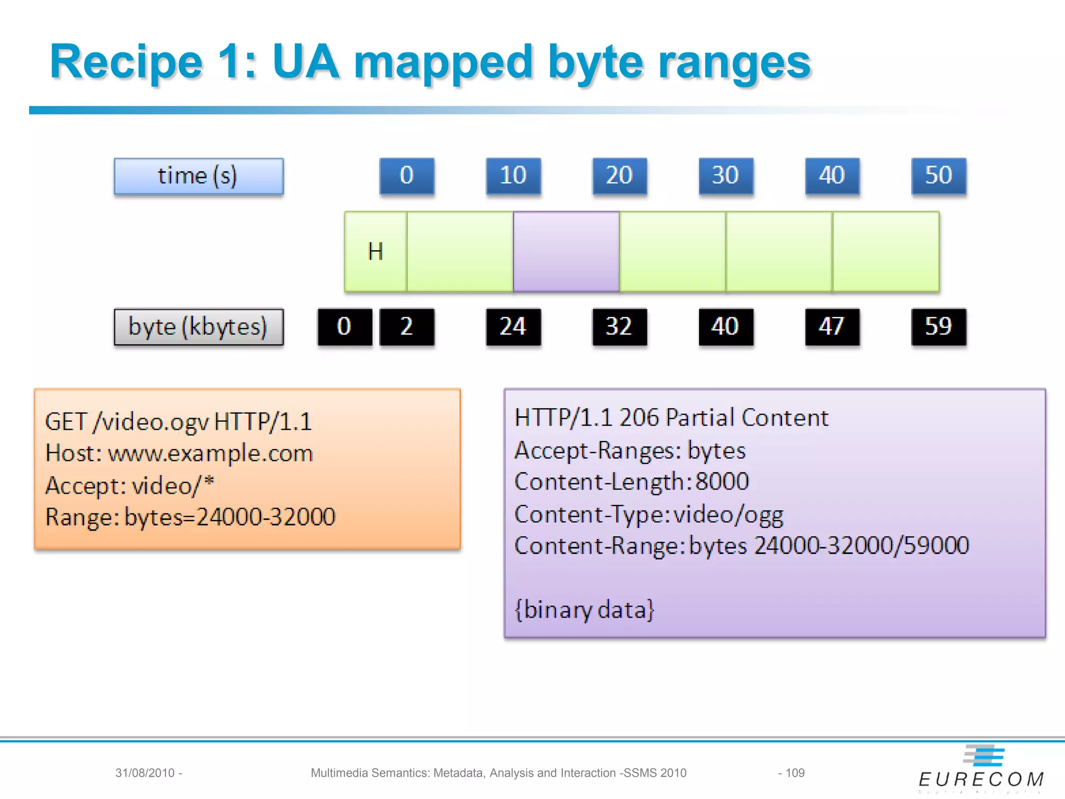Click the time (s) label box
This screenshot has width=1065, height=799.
(199, 176)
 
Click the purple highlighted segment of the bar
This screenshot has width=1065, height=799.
(566, 251)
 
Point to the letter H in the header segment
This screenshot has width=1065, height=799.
(375, 252)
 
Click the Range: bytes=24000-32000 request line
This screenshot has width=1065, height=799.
(190, 517)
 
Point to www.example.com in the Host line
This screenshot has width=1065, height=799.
(210, 454)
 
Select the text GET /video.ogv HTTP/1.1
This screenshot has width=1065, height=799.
(178, 421)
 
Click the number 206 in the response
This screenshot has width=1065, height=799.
(639, 418)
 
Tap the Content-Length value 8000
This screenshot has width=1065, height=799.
(722, 482)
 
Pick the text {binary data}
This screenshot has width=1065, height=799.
(584, 610)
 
